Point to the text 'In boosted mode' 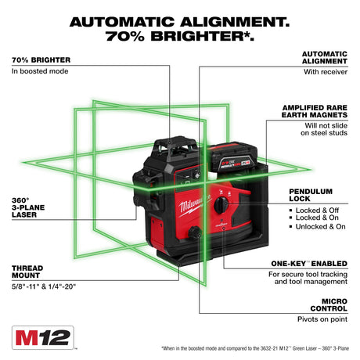[x=40, y=71]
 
